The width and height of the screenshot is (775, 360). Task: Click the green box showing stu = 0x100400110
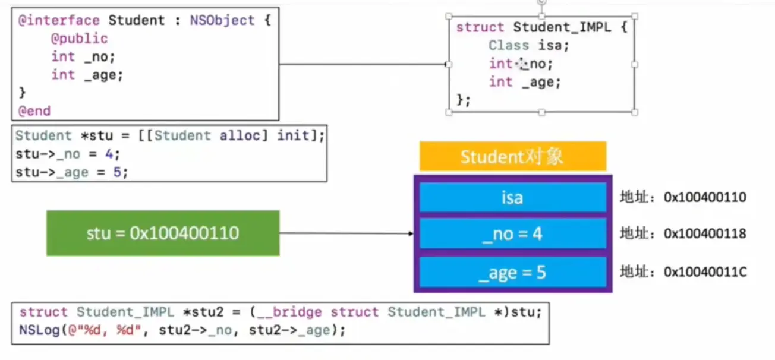point(163,233)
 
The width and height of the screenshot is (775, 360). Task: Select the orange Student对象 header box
point(512,156)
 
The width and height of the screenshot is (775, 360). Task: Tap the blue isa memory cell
point(512,197)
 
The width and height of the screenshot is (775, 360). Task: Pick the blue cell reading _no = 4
point(512,233)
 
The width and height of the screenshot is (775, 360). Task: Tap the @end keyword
point(34,110)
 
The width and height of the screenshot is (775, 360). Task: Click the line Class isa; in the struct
point(529,45)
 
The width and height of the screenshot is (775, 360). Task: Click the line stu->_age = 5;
point(71,172)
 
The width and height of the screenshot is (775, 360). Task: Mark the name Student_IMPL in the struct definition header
point(562,27)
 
